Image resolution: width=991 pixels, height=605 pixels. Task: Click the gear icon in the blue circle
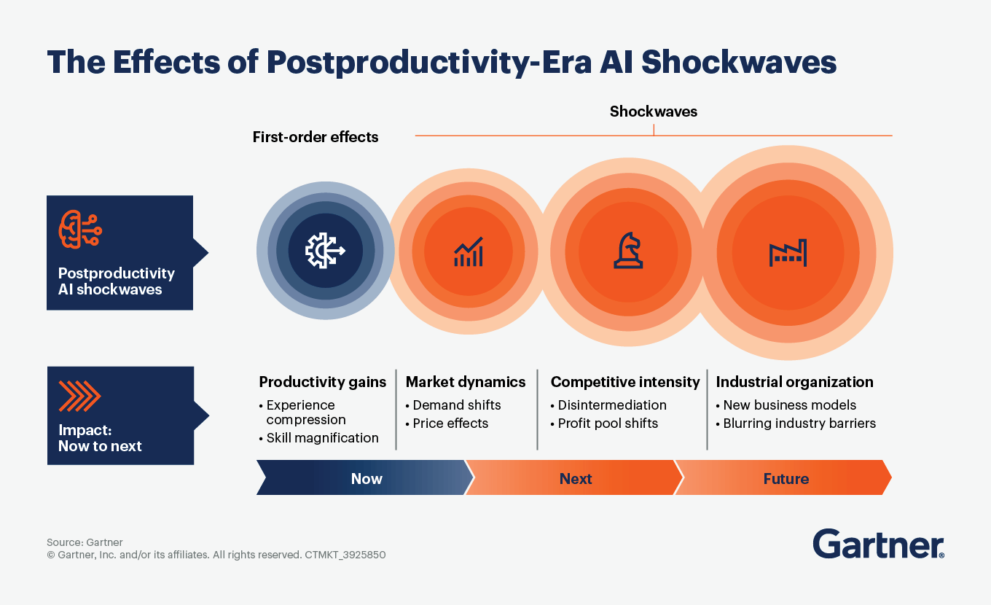tap(325, 251)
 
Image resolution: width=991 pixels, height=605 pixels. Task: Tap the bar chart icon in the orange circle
tap(468, 251)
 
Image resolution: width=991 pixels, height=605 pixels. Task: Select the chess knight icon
tap(628, 251)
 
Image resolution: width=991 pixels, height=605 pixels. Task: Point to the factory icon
tap(788, 253)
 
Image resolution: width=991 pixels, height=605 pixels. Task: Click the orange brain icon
tap(80, 230)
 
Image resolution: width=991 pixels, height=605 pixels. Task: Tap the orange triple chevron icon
tap(79, 396)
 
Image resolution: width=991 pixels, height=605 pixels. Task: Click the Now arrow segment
tap(365, 477)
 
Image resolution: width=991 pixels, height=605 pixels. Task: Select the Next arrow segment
tap(574, 477)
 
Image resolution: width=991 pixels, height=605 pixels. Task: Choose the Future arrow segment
tap(783, 477)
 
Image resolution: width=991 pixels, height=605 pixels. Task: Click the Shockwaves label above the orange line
tap(654, 112)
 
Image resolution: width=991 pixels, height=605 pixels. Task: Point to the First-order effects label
tap(316, 137)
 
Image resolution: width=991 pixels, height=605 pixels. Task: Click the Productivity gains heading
tap(323, 382)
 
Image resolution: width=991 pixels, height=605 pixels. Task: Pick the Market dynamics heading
tap(466, 382)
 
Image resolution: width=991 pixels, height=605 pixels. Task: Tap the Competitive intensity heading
tap(625, 382)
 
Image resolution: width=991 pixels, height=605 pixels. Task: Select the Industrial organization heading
tap(794, 382)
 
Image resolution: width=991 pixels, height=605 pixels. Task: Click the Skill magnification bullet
tap(319, 437)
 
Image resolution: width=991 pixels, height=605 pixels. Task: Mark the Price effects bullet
tap(447, 423)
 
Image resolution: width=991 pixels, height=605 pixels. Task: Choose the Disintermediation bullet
tap(608, 405)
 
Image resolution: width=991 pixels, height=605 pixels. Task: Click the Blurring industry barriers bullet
tap(796, 423)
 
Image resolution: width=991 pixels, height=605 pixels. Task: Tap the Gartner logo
tap(879, 544)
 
